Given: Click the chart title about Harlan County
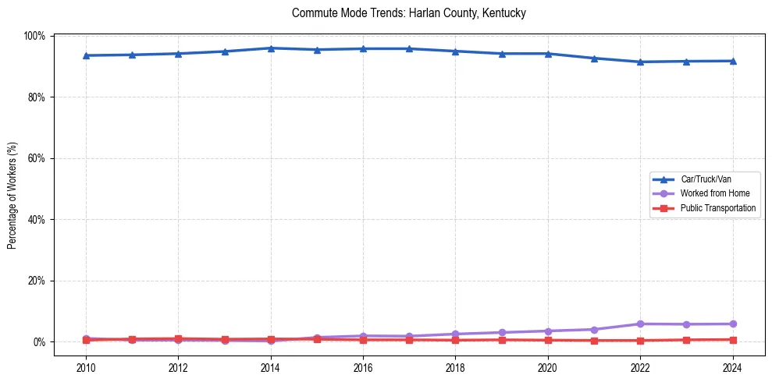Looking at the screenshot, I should [x=409, y=13].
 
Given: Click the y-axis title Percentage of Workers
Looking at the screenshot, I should [x=12, y=189].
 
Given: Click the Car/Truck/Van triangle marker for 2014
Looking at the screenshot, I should [x=271, y=48].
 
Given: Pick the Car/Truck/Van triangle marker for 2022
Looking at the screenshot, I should [x=640, y=62].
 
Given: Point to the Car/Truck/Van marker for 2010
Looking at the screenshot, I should [x=86, y=55].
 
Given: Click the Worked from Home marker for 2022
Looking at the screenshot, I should [x=640, y=324].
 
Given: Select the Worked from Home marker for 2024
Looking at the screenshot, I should [x=733, y=324].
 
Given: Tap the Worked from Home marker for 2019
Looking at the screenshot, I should [x=502, y=332].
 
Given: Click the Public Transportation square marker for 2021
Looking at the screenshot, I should [x=594, y=341].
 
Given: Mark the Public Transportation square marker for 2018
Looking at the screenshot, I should [x=455, y=340].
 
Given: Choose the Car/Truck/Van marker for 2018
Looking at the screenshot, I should [x=455, y=51].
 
